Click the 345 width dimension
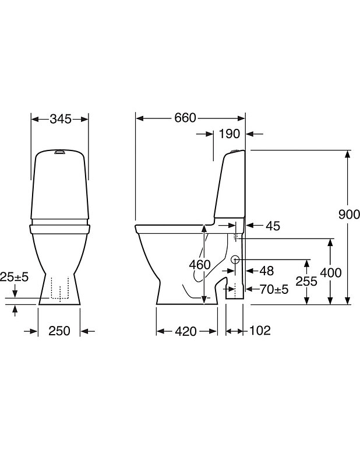[61, 119]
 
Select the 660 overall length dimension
[185, 118]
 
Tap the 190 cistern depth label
[229, 134]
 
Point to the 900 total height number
[349, 214]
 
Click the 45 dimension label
[273, 226]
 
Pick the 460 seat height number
[200, 265]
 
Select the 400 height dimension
[331, 273]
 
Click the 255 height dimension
[306, 282]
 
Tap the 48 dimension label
[267, 271]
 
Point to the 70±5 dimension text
[274, 289]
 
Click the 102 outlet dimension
[260, 331]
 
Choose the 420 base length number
[186, 331]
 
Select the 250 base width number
[59, 331]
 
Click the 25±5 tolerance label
[15, 277]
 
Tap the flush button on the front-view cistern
[59, 152]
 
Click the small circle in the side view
[235, 259]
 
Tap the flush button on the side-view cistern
[235, 151]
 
